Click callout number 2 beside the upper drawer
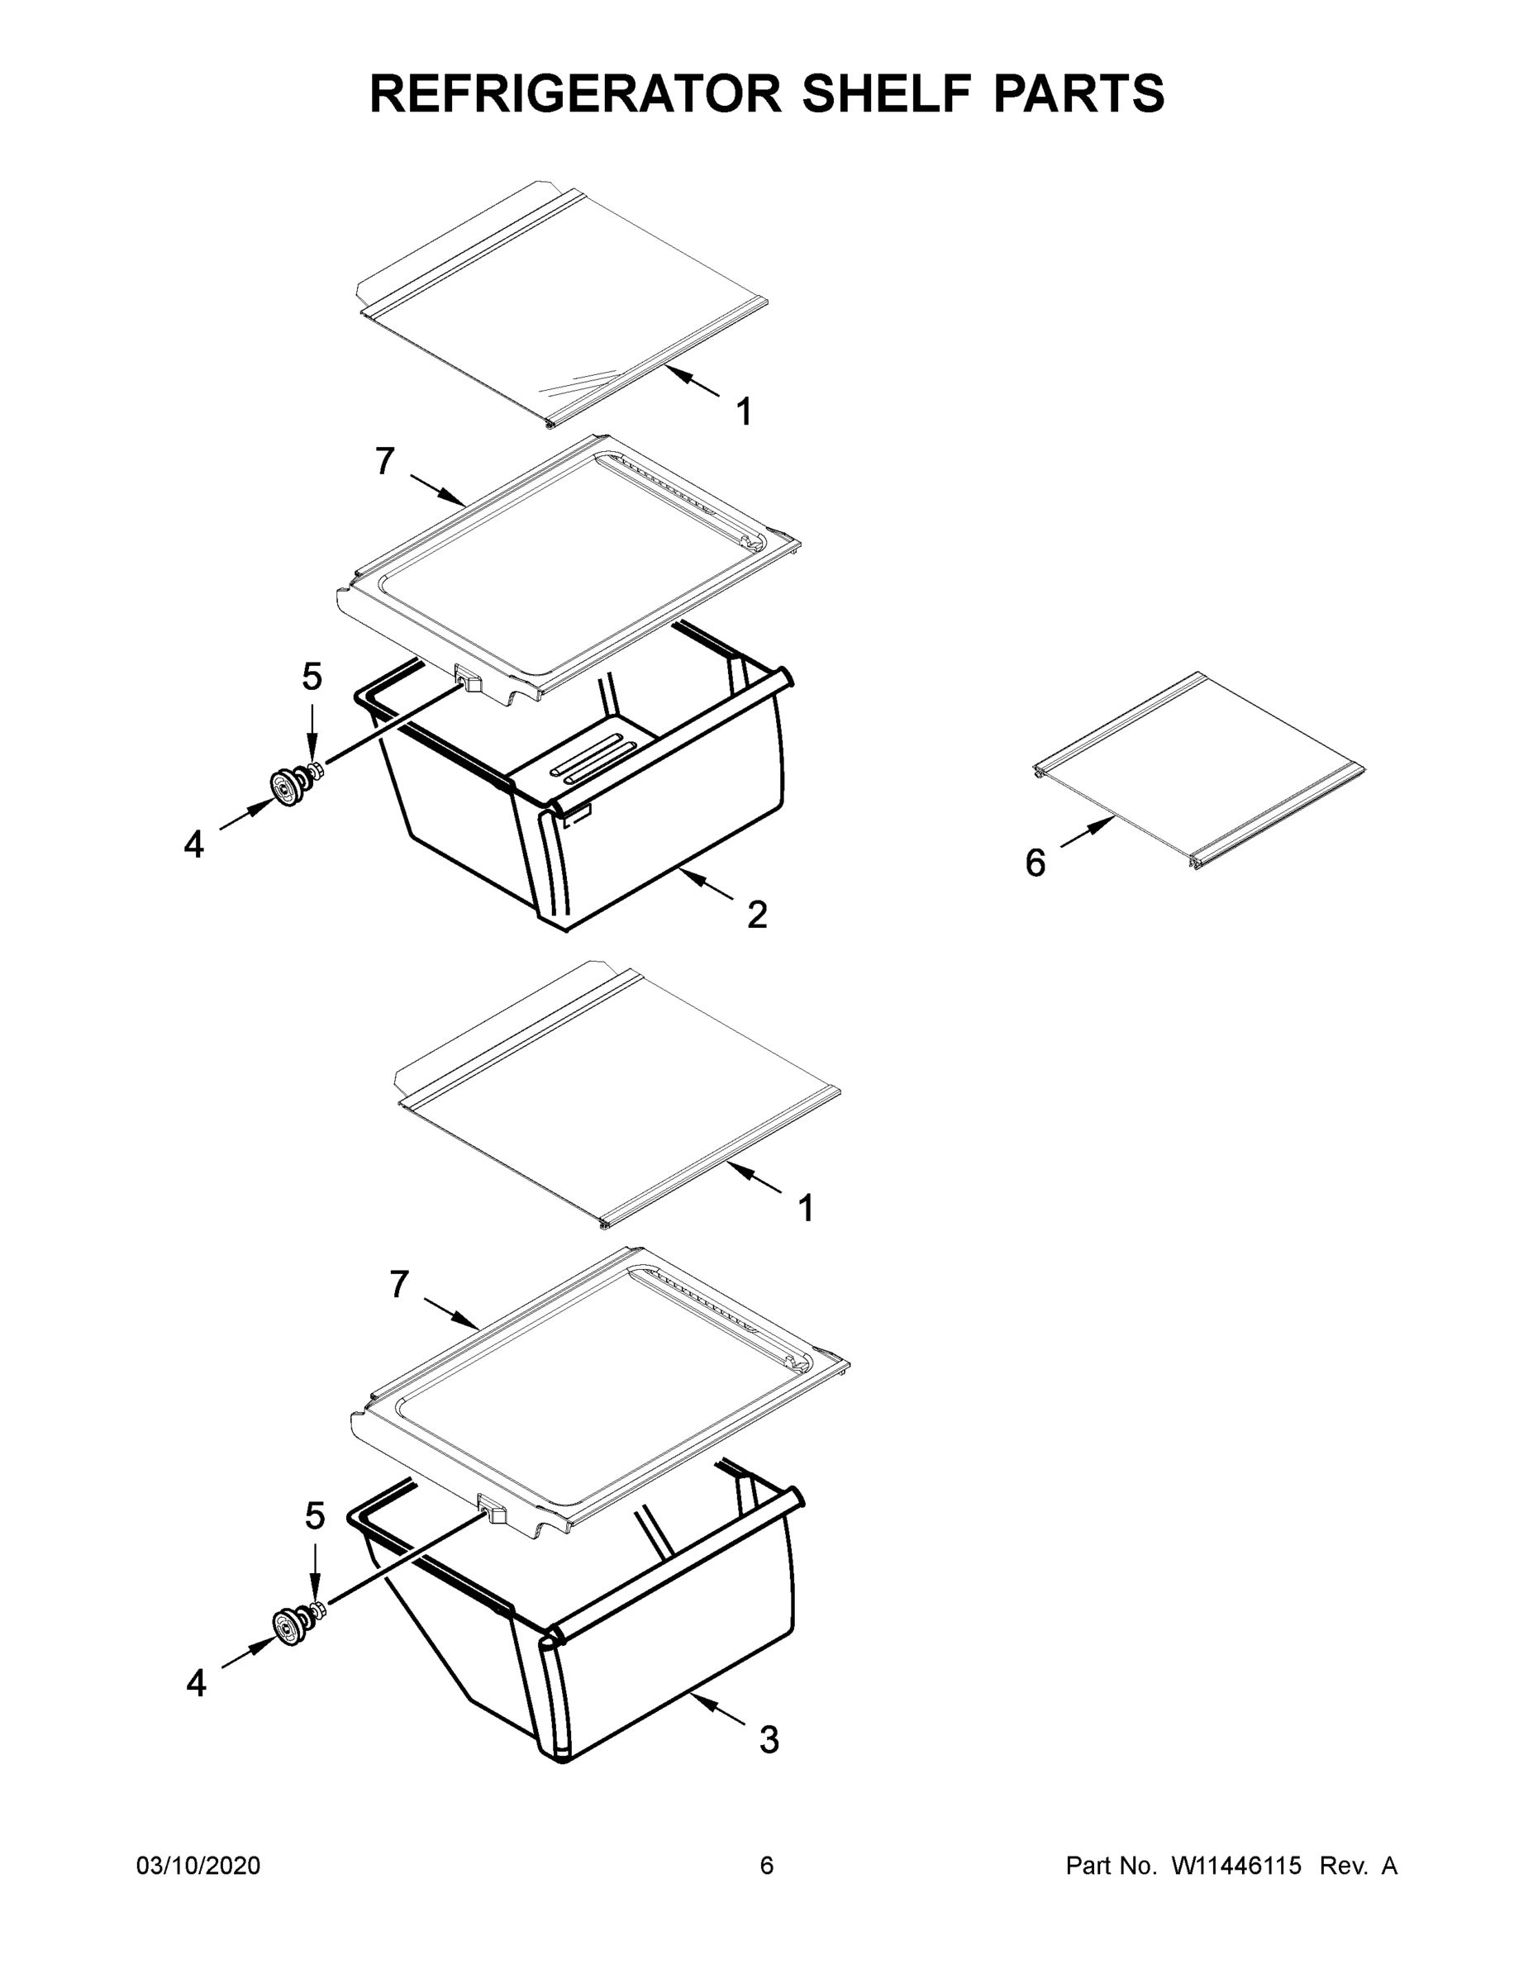click(756, 915)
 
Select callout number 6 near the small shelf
click(1035, 863)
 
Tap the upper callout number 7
click(385, 462)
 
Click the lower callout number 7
click(400, 1285)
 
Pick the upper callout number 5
click(312, 677)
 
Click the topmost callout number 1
click(744, 412)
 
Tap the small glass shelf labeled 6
click(1199, 770)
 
